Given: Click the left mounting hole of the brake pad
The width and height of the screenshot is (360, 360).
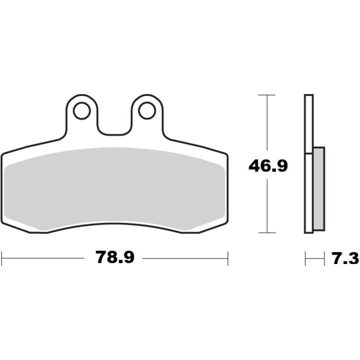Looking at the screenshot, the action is click(x=81, y=110).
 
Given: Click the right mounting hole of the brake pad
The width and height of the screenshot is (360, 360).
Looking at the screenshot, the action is click(x=147, y=110).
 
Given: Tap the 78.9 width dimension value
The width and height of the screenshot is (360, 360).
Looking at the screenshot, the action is click(x=115, y=257).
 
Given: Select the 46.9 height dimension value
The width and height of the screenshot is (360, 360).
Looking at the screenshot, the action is click(x=268, y=166).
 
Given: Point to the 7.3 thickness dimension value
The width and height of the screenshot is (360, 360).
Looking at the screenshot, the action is click(x=345, y=258).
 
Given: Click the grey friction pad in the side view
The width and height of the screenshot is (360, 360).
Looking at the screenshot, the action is click(x=319, y=188).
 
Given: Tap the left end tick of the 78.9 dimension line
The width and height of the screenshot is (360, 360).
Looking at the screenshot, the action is click(x=2, y=258).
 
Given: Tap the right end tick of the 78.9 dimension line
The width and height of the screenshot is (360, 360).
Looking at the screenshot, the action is click(x=228, y=258).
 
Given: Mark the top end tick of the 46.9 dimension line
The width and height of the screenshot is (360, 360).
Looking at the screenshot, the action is click(x=267, y=95).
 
